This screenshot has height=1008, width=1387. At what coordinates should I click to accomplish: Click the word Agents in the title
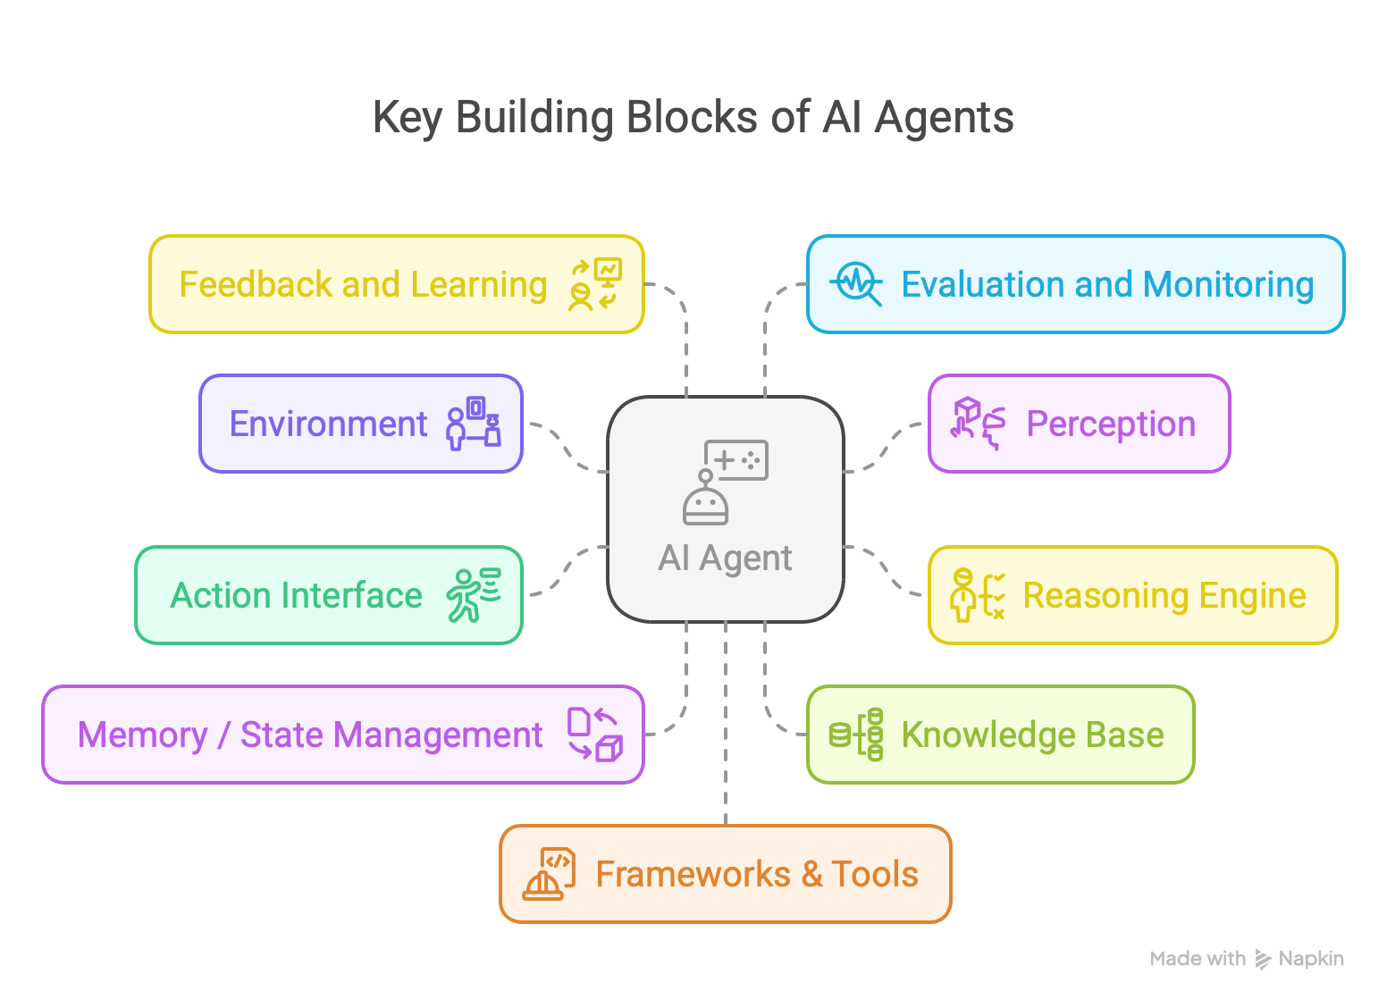(x=944, y=118)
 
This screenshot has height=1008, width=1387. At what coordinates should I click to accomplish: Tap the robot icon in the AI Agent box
(x=724, y=483)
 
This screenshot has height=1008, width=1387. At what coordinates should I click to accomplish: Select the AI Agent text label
(x=725, y=559)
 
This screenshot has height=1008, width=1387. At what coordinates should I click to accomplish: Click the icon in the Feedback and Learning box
(x=595, y=284)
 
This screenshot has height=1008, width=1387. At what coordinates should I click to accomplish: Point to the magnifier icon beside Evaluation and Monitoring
(x=855, y=284)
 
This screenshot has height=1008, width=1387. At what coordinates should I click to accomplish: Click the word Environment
(x=328, y=424)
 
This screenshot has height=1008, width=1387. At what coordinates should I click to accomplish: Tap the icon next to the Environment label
(x=474, y=423)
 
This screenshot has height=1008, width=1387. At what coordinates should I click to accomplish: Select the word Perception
(x=1111, y=424)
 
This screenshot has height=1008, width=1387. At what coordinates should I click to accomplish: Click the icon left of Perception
(x=978, y=424)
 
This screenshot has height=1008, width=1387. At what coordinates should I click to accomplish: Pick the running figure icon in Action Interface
(x=474, y=595)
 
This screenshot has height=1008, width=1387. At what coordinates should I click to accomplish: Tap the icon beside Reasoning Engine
(x=977, y=595)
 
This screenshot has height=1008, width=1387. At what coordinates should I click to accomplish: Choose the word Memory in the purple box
(x=142, y=735)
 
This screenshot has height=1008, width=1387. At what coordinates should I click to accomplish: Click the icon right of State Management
(x=595, y=735)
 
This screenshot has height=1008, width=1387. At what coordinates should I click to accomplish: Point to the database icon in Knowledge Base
(x=856, y=735)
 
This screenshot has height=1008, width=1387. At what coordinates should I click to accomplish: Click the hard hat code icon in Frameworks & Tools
(x=549, y=874)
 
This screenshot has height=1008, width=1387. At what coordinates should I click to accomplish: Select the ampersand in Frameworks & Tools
(x=811, y=874)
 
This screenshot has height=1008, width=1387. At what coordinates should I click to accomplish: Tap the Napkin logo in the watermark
(x=1263, y=959)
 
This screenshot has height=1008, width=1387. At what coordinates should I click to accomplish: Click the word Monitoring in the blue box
(x=1228, y=284)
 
